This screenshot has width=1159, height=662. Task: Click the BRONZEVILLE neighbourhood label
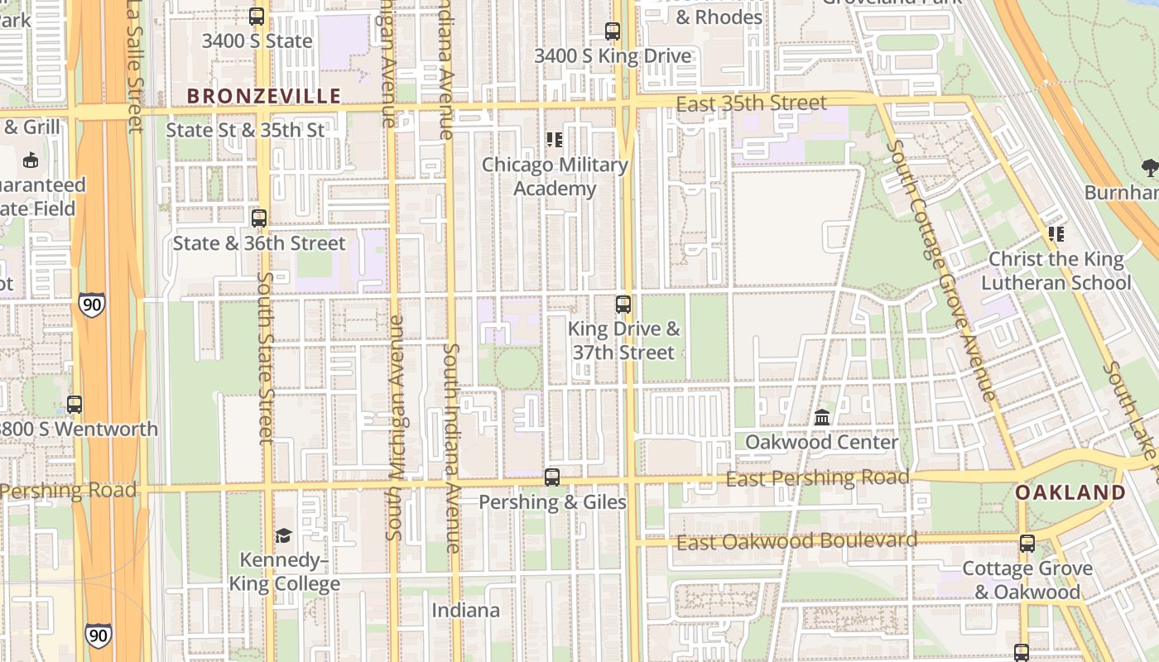pyautogui.click(x=263, y=97)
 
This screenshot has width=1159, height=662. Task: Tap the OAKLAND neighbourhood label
pyautogui.click(x=1070, y=493)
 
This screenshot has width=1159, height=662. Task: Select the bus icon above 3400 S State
pyautogui.click(x=257, y=17)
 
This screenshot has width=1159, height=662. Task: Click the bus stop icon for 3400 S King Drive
pyautogui.click(x=613, y=32)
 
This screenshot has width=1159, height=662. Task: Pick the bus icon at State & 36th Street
pyautogui.click(x=259, y=218)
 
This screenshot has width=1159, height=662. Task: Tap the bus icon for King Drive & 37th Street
pyautogui.click(x=623, y=305)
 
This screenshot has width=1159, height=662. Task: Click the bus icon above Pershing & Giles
pyautogui.click(x=552, y=477)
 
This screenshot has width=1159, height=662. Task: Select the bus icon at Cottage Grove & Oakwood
pyautogui.click(x=1027, y=544)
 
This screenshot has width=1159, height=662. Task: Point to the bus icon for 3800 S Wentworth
pyautogui.click(x=75, y=405)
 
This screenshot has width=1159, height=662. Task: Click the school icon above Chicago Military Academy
pyautogui.click(x=555, y=140)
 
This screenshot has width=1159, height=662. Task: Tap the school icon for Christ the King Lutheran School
pyautogui.click(x=1056, y=234)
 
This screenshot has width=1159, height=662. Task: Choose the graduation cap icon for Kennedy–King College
pyautogui.click(x=284, y=535)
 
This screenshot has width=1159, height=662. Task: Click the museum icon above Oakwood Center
pyautogui.click(x=822, y=418)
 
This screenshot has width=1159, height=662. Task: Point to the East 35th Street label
pyautogui.click(x=751, y=103)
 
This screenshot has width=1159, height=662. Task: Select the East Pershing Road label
pyautogui.click(x=817, y=478)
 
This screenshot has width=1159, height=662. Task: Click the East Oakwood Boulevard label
pyautogui.click(x=796, y=542)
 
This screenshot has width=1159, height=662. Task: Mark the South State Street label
pyautogui.click(x=265, y=357)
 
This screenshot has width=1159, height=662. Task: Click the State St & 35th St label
pyautogui.click(x=245, y=130)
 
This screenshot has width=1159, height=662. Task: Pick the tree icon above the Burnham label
pyautogui.click(x=1150, y=169)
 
